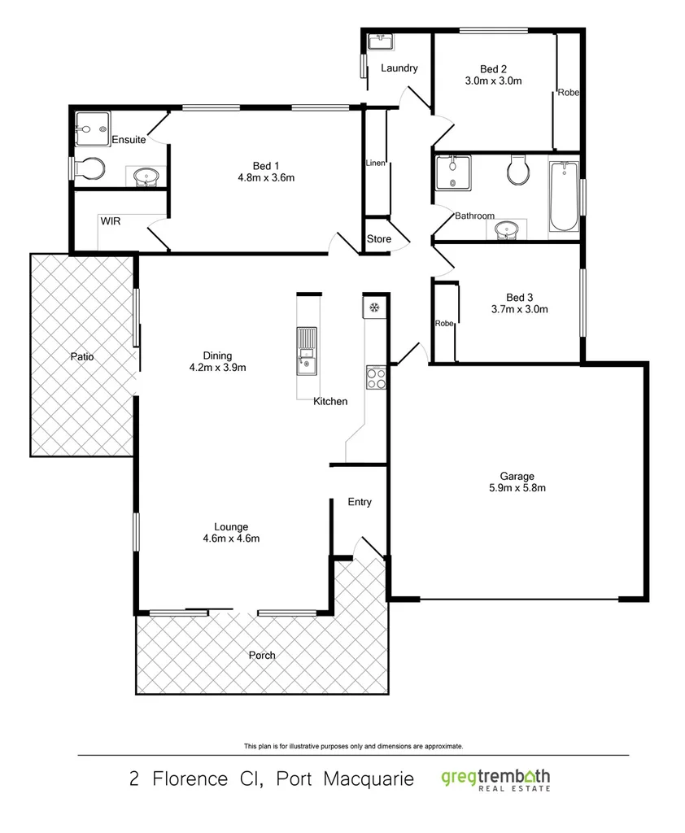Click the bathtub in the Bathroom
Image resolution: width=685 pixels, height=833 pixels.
pos(563,196)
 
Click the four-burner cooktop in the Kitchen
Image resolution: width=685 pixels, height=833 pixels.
pos(376,377)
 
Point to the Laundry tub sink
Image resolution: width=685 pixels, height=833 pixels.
pos(380,42)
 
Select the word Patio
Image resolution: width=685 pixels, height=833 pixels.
pos(81,356)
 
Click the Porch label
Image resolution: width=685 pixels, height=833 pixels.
pos(262,656)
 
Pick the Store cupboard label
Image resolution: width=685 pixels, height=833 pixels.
pos(379,239)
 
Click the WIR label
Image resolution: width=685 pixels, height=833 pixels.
pos(111,220)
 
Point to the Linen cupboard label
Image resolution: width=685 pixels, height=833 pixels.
pos(375,164)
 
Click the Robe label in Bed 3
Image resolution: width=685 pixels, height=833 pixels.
pos(443,323)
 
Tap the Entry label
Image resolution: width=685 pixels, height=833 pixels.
pos(360,502)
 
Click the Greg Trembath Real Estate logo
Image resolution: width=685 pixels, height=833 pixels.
pos(496,778)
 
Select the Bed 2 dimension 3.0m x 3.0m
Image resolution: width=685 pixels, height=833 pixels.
pos(493,81)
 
